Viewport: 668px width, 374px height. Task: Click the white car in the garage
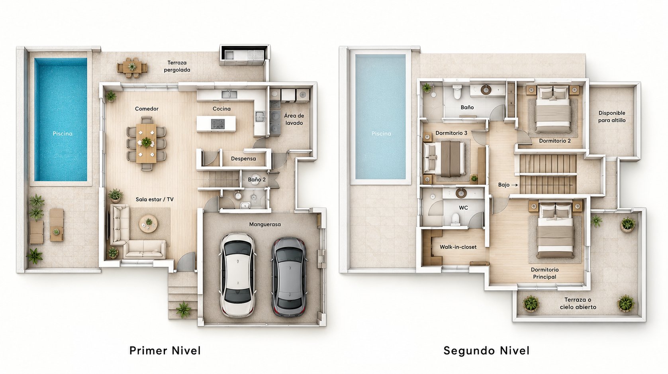tap(238, 275)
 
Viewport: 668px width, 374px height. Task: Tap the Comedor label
tap(147, 108)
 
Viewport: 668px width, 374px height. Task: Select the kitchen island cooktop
tap(218, 124)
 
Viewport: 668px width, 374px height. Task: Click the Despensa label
tap(243, 159)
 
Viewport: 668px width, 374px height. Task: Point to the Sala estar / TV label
tap(155, 199)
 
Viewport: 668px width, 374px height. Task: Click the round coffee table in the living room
tap(149, 224)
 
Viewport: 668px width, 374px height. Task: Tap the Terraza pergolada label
tap(177, 66)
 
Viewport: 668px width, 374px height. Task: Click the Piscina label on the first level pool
tap(63, 134)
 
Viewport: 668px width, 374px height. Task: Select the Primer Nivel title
tap(165, 350)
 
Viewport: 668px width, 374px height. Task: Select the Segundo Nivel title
tap(486, 350)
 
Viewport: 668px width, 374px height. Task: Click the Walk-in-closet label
tap(458, 247)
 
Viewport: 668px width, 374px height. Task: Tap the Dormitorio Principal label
tap(545, 273)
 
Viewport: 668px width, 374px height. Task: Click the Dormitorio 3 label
tap(451, 133)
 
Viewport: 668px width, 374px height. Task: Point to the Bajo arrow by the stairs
tap(515, 185)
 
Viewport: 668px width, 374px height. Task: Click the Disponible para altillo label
tap(612, 117)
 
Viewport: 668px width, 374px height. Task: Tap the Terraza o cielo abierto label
tap(578, 303)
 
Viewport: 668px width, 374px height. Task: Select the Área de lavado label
tap(294, 119)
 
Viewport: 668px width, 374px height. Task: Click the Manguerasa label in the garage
tap(265, 224)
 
